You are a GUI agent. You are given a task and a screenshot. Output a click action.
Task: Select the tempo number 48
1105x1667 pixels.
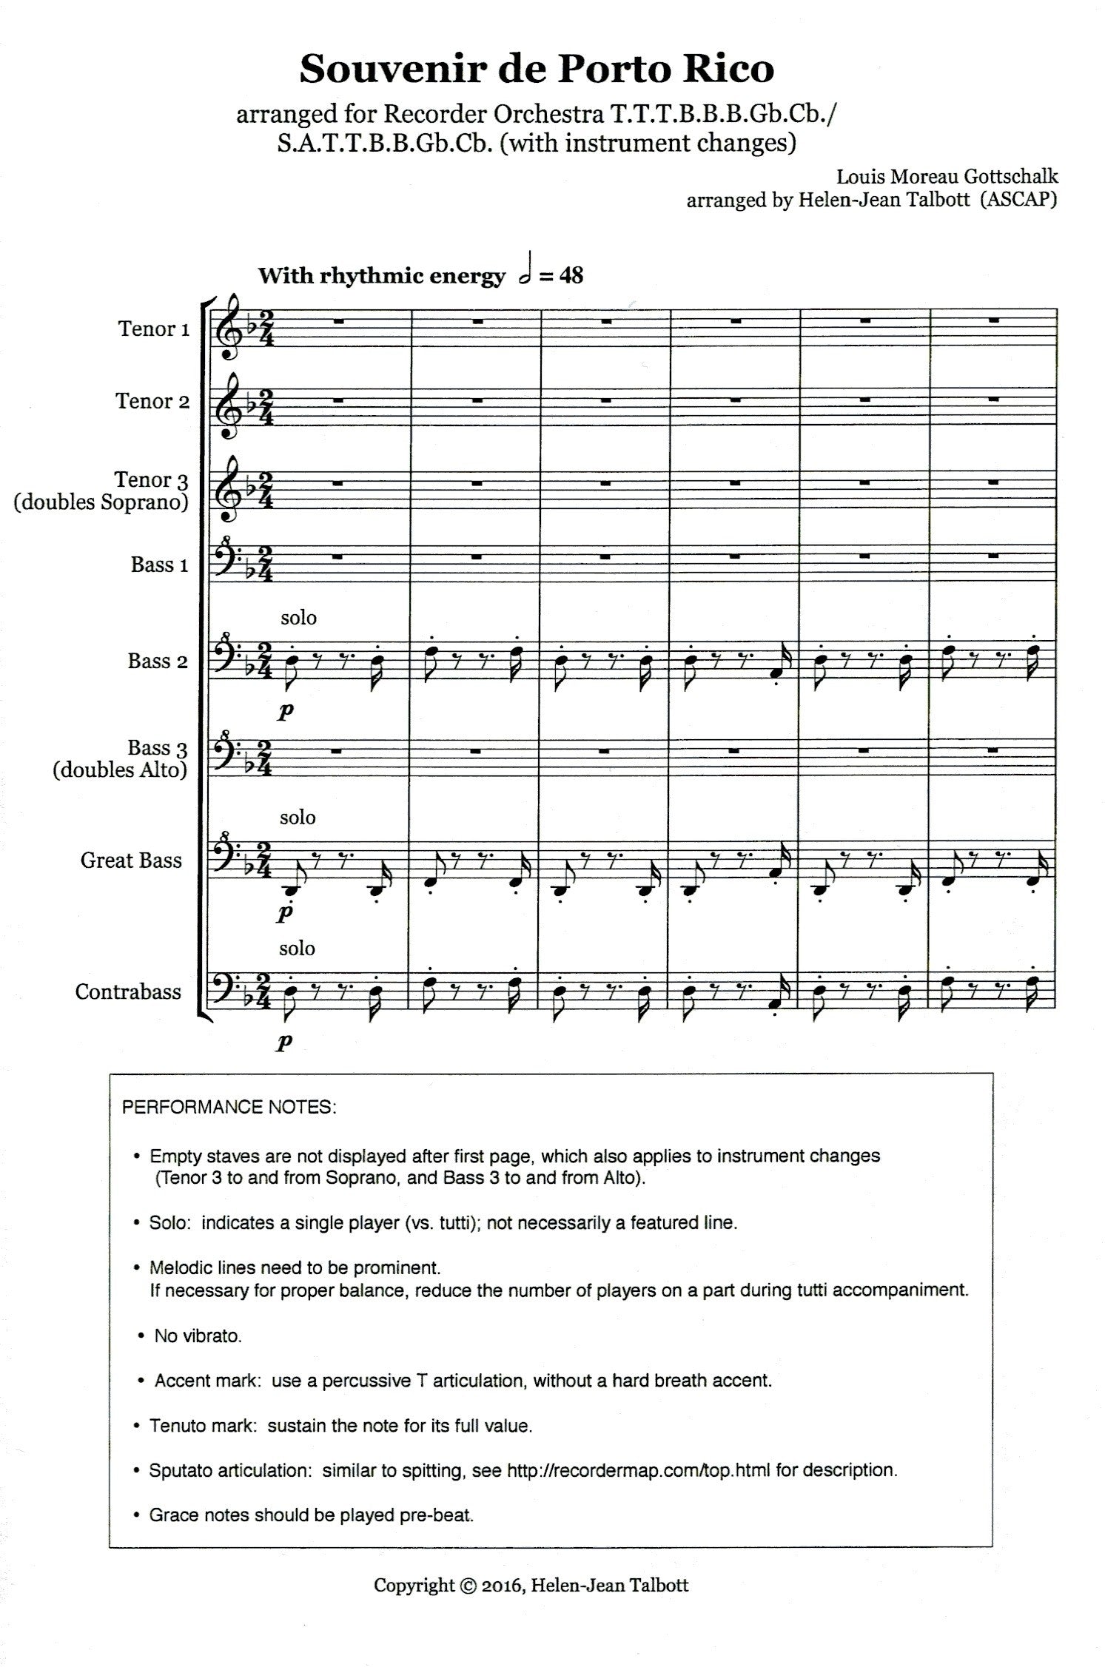coord(571,275)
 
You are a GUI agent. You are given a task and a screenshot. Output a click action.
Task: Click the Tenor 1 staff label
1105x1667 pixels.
coord(152,329)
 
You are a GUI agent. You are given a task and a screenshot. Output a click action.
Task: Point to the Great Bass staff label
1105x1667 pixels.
coord(131,860)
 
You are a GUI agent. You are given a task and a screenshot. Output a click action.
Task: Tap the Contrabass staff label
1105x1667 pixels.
coord(128,991)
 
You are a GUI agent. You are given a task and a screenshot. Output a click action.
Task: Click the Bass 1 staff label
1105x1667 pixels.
coord(159,565)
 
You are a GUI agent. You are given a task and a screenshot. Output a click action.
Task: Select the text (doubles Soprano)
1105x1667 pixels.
coord(101,502)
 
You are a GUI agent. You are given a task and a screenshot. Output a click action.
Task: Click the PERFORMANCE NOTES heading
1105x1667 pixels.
coord(229,1108)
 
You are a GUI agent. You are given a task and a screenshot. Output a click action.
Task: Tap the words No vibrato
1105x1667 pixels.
coord(198,1336)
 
